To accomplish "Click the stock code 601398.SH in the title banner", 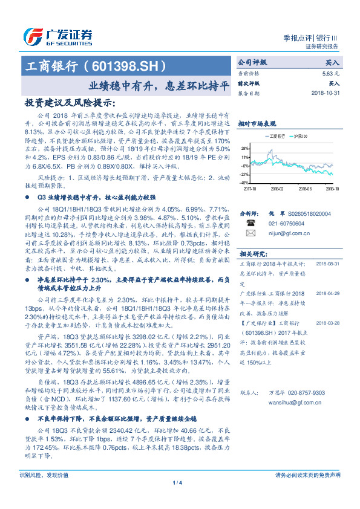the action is pyautogui.click(x=126, y=65).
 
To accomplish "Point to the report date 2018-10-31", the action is pyautogui.click(x=326, y=94).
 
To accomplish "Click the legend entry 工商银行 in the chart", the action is pyautogui.click(x=280, y=137).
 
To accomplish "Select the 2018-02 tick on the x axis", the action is pyautogui.click(x=277, y=189).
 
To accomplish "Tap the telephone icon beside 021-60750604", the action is pyautogui.click(x=250, y=222).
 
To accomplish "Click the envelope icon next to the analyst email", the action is pyautogui.click(x=250, y=232).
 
